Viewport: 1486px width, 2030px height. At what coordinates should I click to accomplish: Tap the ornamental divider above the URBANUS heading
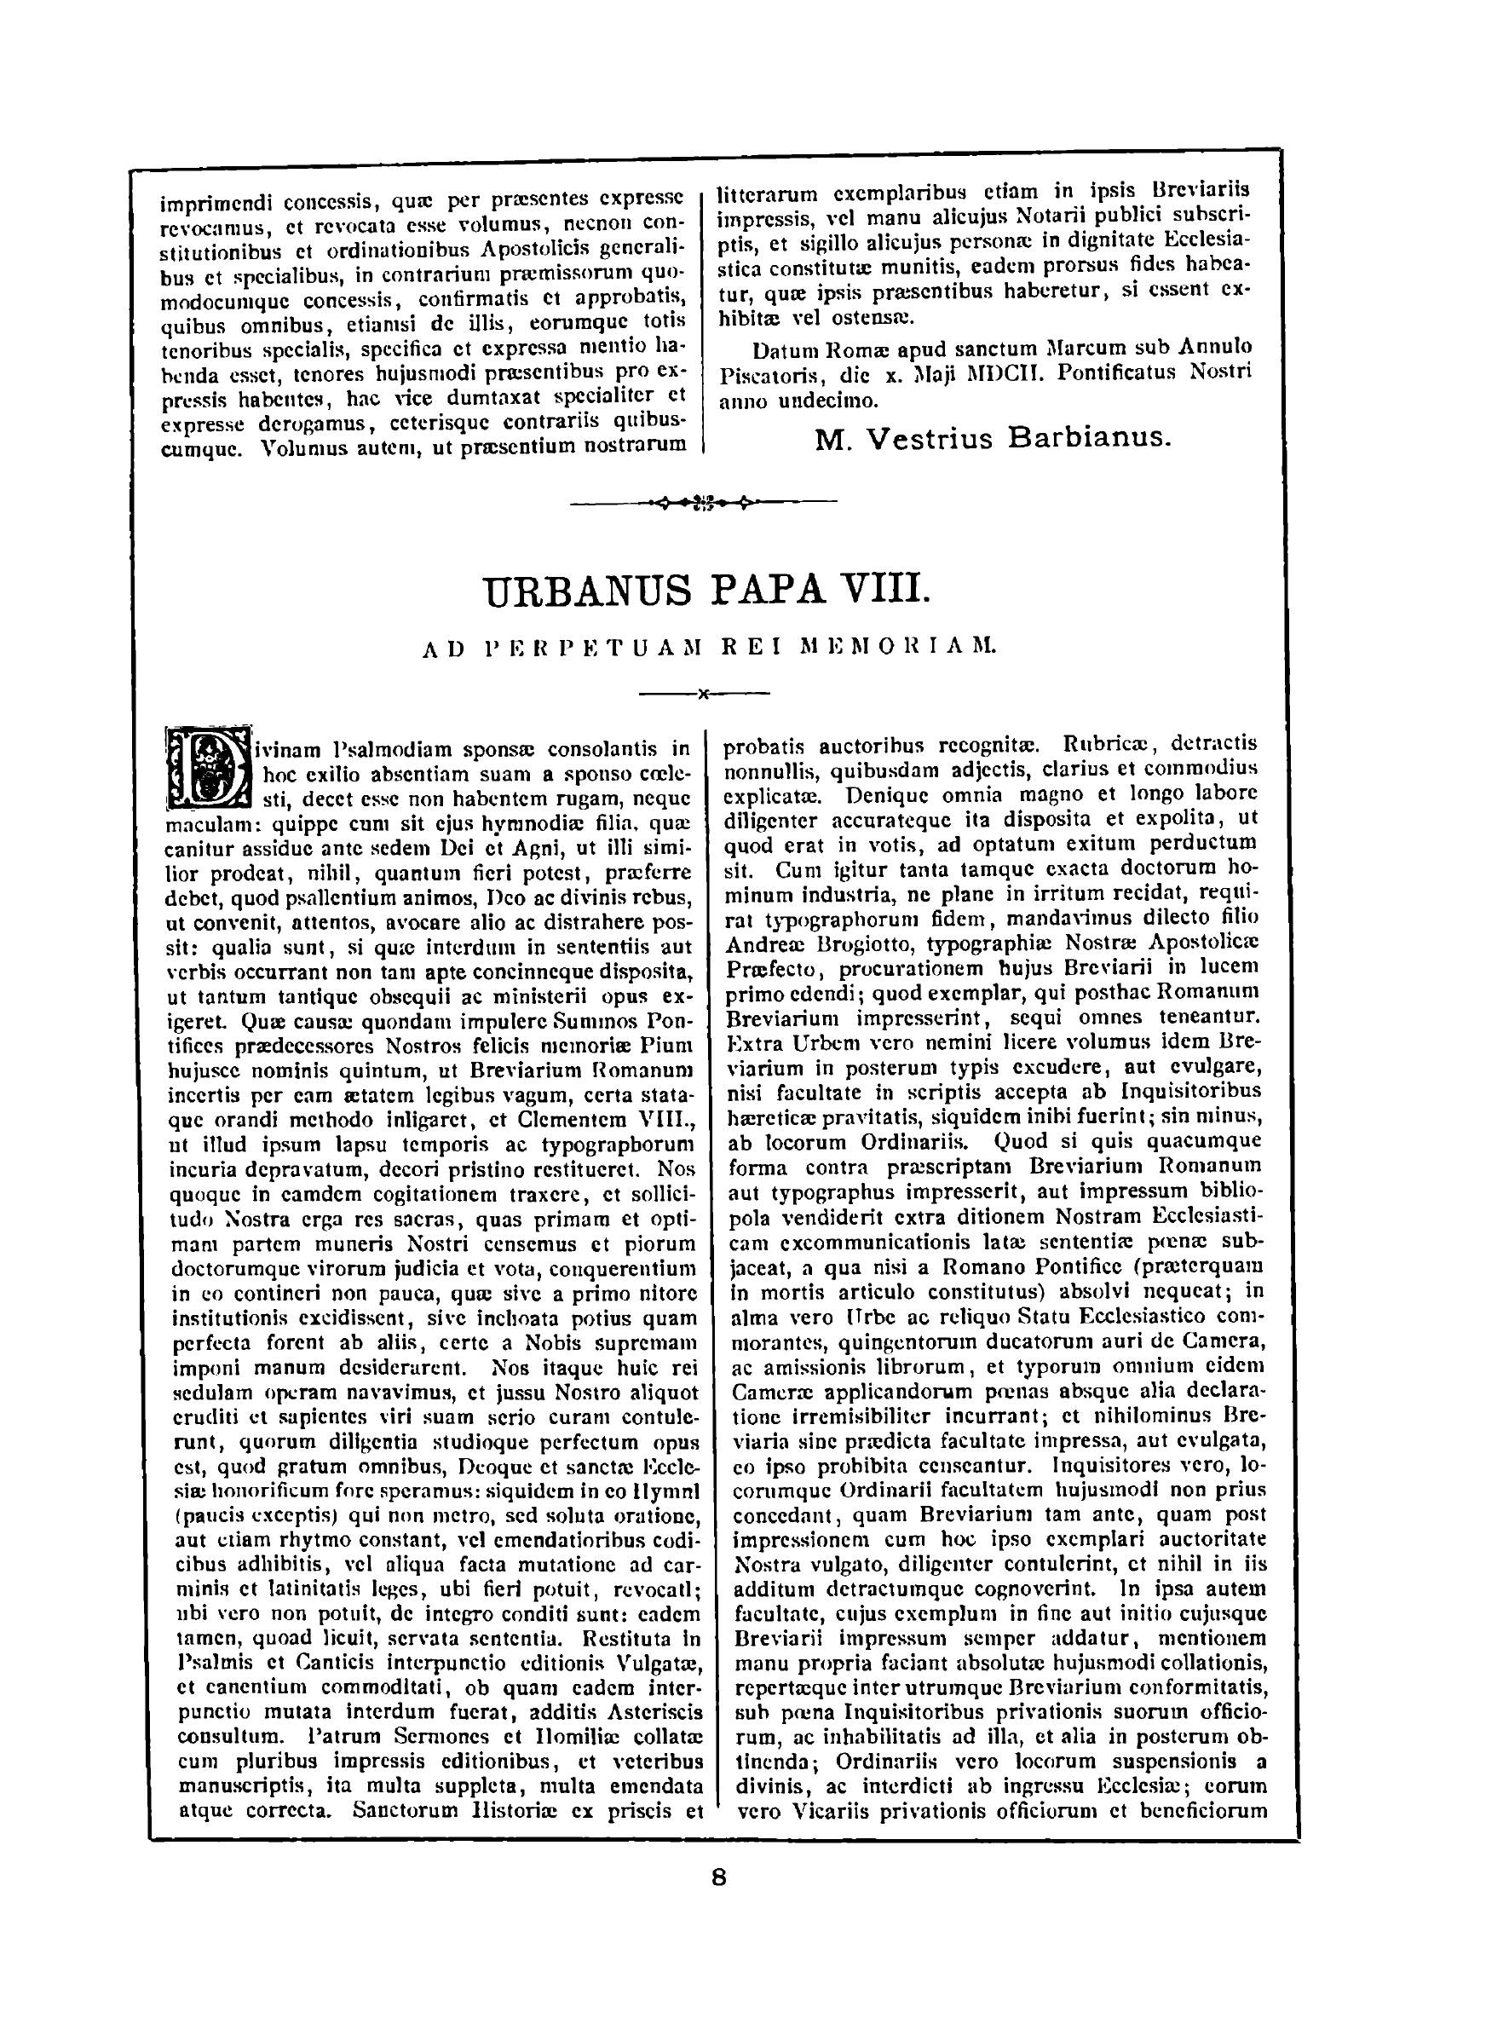[704, 502]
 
